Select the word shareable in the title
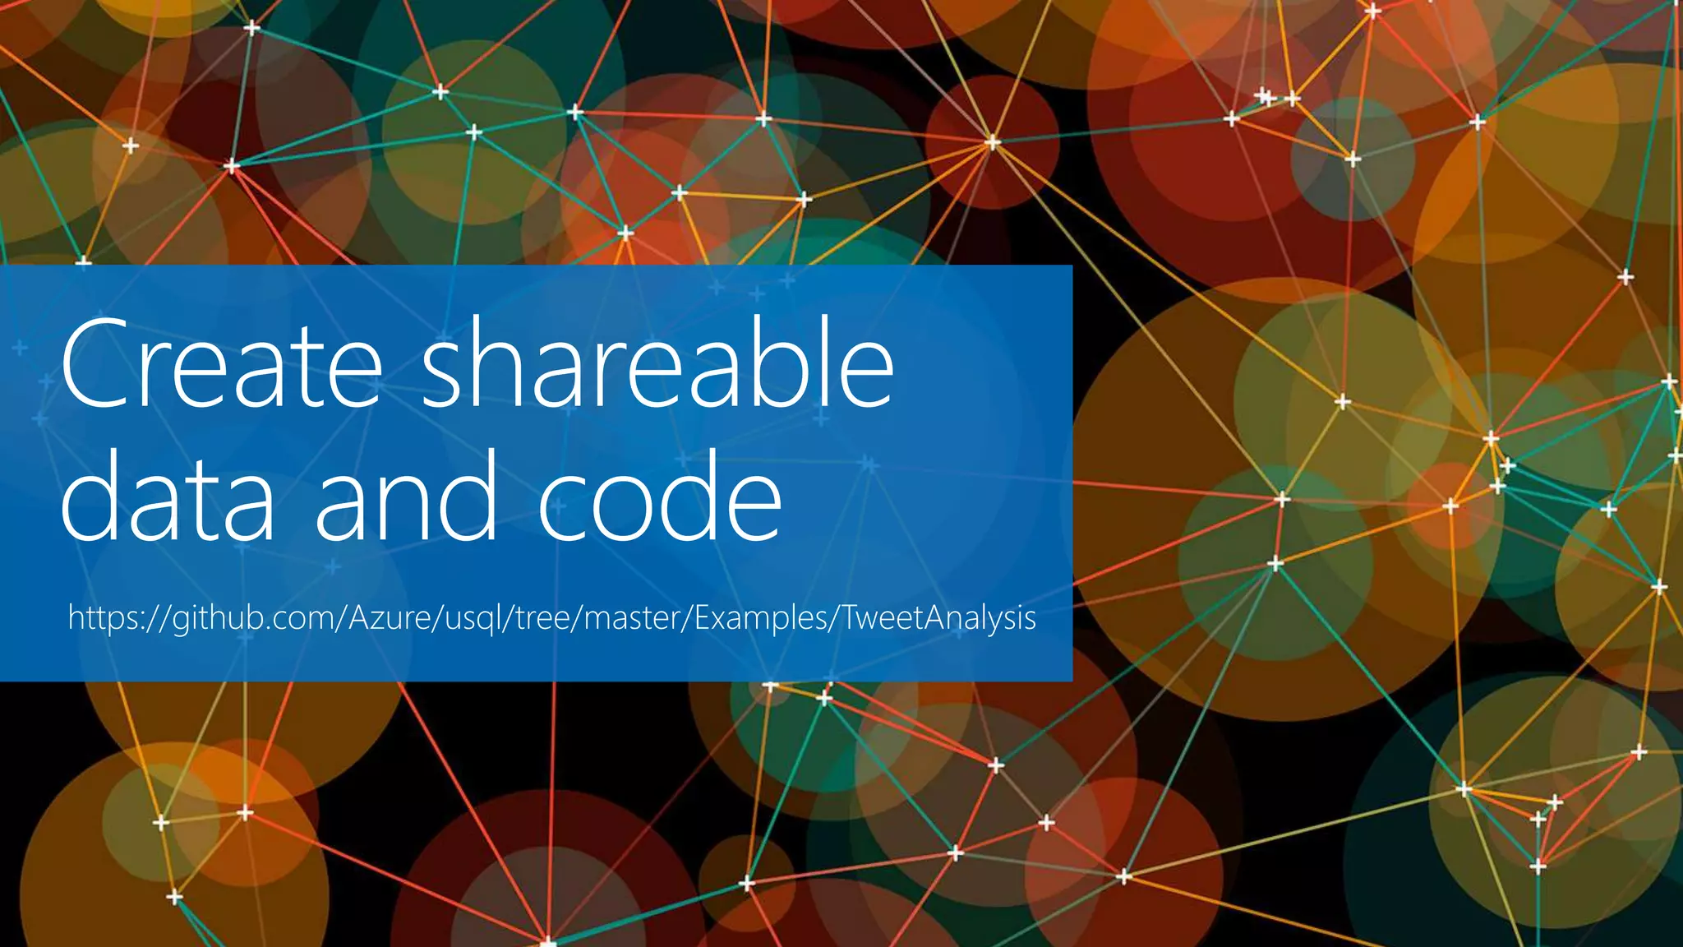point(657,363)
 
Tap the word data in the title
point(168,497)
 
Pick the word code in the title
point(660,497)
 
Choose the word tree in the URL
point(543,617)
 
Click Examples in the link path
point(760,617)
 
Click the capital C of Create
point(96,363)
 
